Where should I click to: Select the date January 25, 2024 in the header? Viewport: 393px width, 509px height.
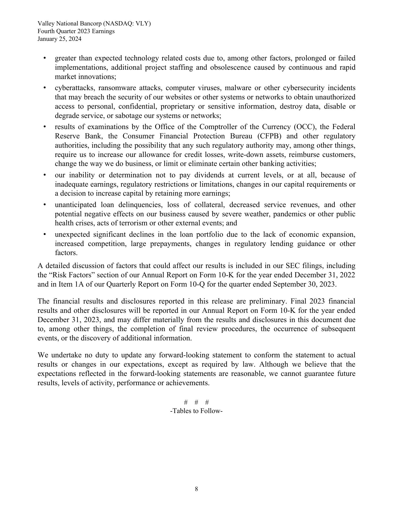pos(59,39)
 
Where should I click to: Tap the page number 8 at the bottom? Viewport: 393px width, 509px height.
pos(196,489)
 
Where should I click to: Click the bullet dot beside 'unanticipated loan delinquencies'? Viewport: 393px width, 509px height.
pos(45,205)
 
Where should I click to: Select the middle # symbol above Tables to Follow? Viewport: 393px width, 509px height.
pos(196,402)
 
